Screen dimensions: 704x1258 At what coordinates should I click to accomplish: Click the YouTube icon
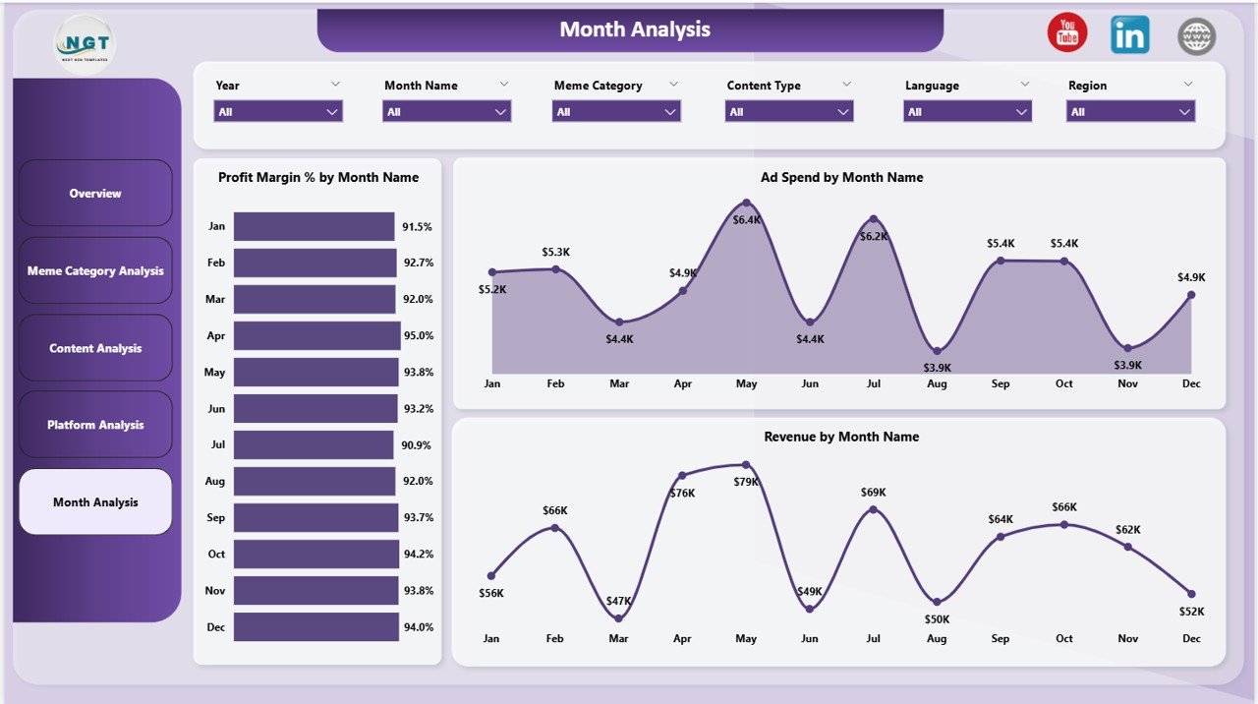(1067, 33)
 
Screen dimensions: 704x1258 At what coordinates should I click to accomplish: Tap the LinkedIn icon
(1130, 35)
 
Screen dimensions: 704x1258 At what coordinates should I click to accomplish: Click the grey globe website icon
(1196, 37)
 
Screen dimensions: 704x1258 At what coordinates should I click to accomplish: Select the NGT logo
(84, 44)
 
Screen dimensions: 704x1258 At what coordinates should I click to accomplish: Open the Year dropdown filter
(278, 112)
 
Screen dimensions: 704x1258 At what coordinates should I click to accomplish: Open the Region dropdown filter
(1130, 112)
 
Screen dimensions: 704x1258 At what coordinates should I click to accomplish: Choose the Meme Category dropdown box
(616, 112)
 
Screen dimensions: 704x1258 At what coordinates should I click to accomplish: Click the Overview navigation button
(95, 194)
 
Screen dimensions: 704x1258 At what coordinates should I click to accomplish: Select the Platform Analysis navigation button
(95, 425)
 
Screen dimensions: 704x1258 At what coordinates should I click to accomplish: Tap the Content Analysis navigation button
(95, 348)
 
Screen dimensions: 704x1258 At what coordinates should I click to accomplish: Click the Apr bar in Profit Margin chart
(316, 335)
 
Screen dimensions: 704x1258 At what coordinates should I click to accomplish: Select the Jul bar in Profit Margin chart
(314, 444)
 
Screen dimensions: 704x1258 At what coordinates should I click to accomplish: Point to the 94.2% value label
(418, 555)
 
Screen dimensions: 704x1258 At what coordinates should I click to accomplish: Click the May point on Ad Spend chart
(746, 203)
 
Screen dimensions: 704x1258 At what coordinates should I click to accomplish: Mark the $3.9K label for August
(937, 368)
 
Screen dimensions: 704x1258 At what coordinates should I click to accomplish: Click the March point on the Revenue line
(618, 617)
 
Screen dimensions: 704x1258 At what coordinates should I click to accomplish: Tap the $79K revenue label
(746, 482)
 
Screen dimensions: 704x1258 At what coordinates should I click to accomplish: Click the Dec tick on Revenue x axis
(1191, 639)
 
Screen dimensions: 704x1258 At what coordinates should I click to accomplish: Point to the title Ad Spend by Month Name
(841, 178)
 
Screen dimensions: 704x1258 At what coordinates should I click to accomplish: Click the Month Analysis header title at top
(635, 29)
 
